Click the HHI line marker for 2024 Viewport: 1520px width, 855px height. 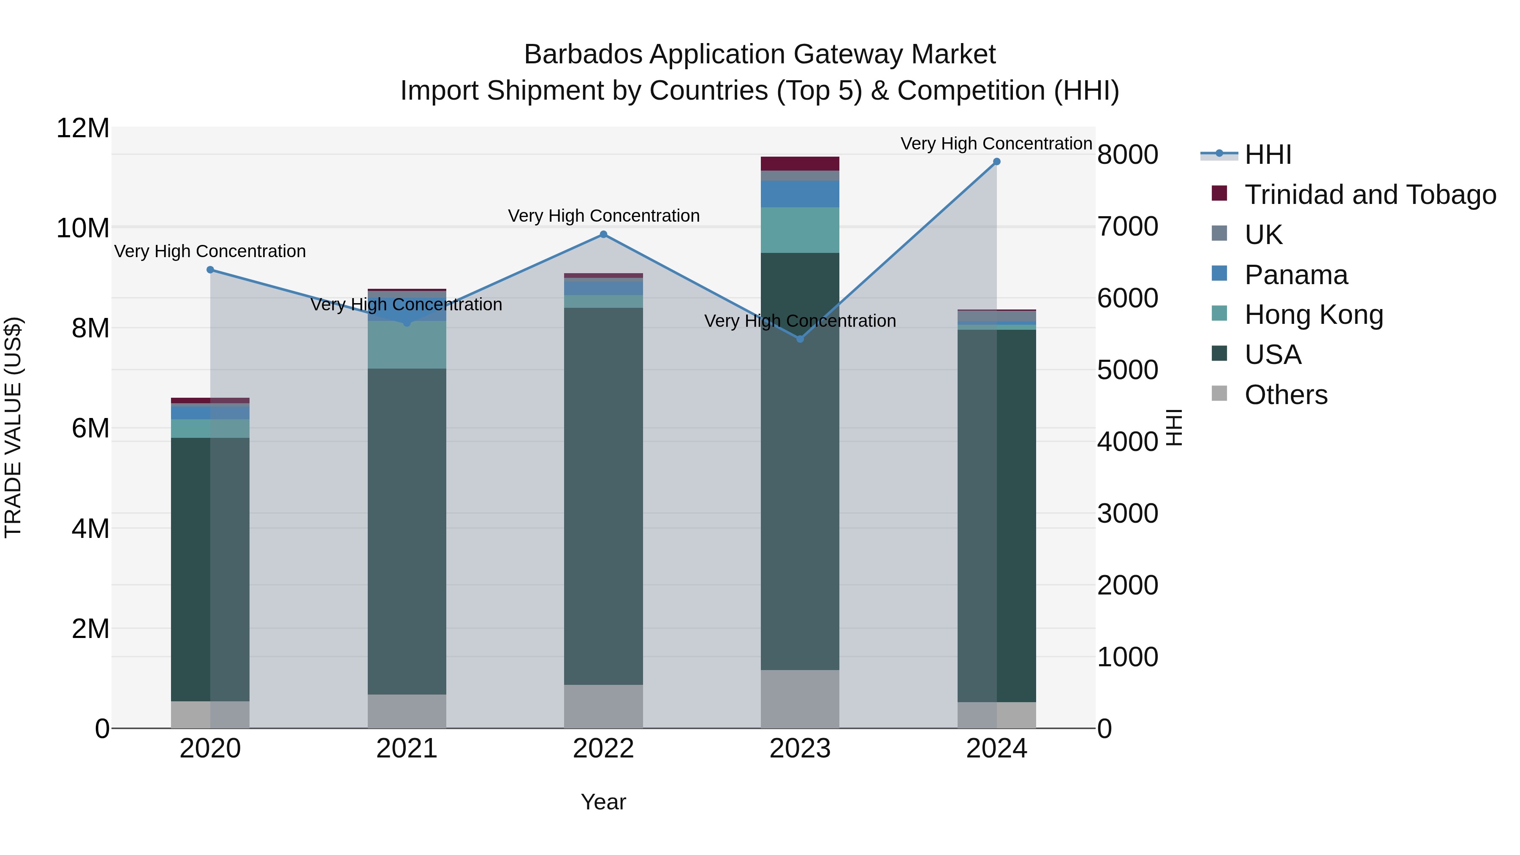point(996,162)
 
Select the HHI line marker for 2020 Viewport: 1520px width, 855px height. point(210,270)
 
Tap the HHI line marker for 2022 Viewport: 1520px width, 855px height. point(603,234)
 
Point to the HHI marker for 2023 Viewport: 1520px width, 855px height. point(800,339)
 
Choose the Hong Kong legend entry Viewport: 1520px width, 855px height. point(1314,315)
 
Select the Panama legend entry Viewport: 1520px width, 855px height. point(1296,275)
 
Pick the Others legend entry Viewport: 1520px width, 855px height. point(1286,395)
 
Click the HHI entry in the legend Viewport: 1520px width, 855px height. point(1268,155)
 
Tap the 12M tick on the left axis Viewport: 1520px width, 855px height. point(83,128)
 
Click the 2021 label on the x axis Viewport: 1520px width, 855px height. point(407,749)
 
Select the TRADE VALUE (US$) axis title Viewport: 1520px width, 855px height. point(13,427)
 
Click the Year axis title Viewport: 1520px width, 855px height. point(603,802)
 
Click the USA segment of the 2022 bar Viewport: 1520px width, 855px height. point(603,496)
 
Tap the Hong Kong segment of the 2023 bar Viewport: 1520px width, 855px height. point(800,230)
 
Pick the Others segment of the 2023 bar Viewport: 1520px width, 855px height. point(800,699)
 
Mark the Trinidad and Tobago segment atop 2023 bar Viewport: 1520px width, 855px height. point(800,163)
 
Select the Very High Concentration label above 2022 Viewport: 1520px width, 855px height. point(603,216)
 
